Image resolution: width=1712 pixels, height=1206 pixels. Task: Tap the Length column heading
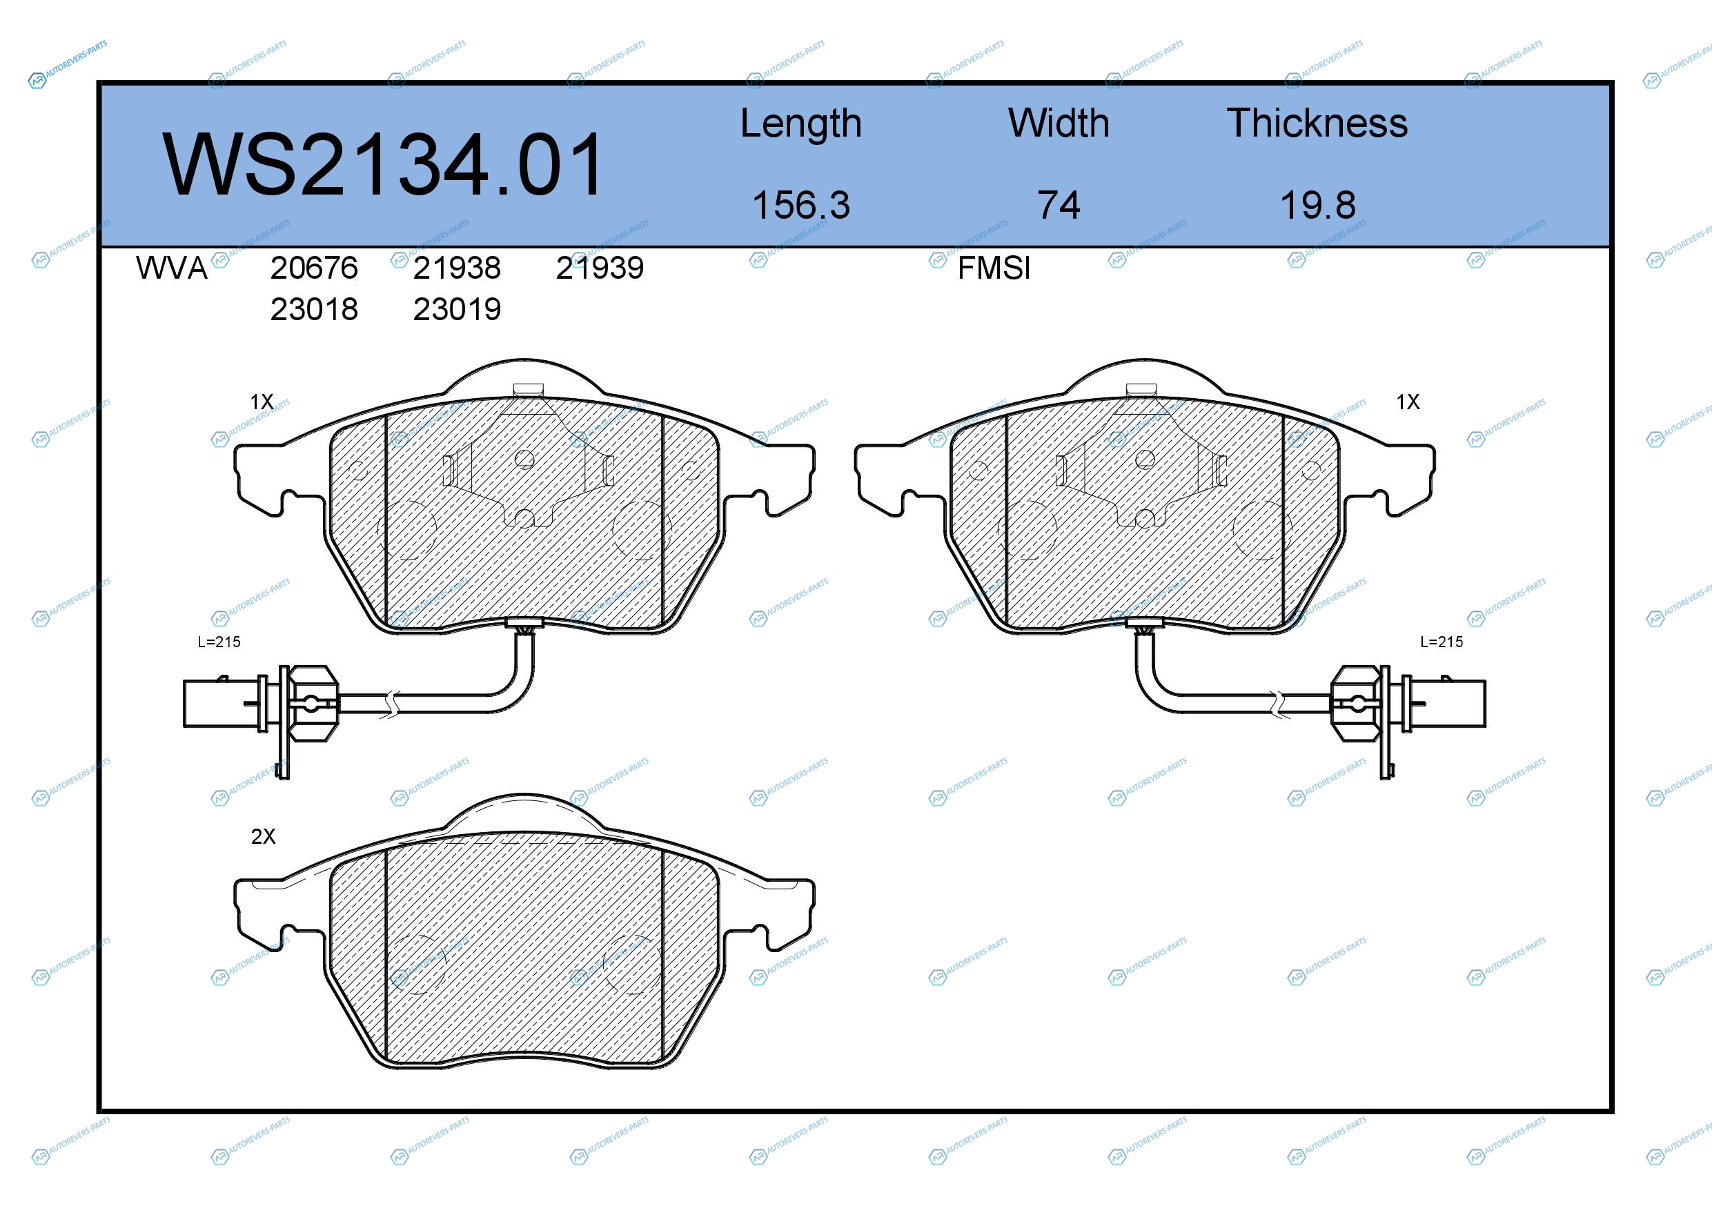tap(801, 124)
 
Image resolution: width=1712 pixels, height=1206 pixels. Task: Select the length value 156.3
tap(801, 205)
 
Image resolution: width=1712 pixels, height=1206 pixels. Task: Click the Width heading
tap(1059, 123)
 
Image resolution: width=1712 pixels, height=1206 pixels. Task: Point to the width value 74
tap(1059, 205)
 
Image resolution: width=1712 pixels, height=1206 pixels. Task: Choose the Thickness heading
tap(1317, 123)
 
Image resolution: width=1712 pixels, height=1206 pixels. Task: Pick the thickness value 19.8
tap(1317, 205)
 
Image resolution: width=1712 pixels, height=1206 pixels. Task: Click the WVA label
tap(172, 268)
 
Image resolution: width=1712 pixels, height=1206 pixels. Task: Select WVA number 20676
tap(314, 268)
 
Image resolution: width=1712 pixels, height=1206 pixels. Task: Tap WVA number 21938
tap(457, 268)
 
